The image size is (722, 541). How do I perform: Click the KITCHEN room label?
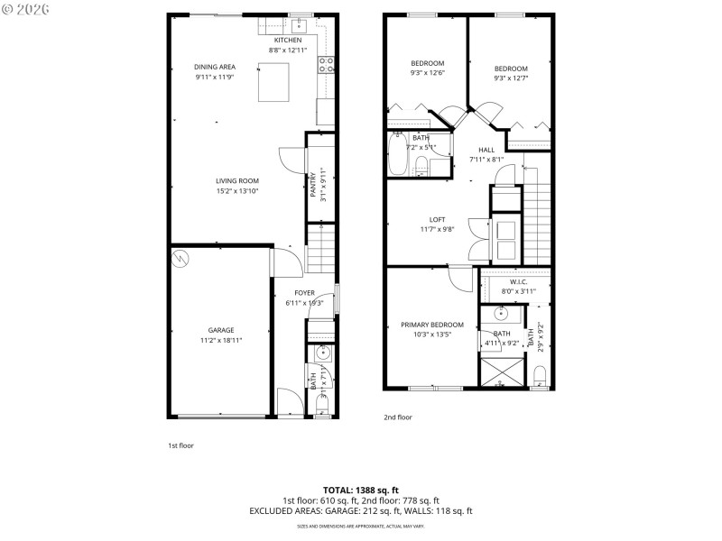coord(288,41)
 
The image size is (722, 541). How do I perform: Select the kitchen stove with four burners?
coord(326,64)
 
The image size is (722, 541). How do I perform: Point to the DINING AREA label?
coord(215,67)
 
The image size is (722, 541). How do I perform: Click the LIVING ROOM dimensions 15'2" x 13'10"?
coord(236,191)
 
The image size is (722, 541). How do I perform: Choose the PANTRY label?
coord(314,185)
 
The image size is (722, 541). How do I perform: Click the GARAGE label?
coord(221,330)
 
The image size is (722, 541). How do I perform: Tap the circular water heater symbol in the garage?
coord(180,258)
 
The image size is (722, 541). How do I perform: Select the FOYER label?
coord(304,293)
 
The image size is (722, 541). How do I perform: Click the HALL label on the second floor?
coord(486,150)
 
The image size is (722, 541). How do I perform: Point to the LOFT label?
coord(437,219)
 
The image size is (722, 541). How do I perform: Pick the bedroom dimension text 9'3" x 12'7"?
coord(511,78)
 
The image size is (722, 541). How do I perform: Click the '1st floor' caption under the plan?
coord(180,445)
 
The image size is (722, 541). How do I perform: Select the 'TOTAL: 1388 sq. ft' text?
coord(361,491)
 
